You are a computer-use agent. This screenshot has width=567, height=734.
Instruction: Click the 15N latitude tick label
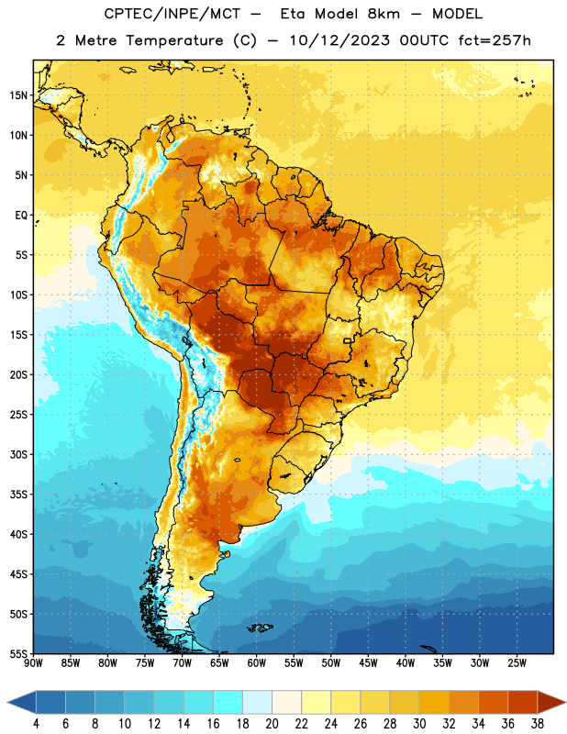pos(18,95)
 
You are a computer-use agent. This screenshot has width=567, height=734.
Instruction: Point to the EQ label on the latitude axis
pos(21,216)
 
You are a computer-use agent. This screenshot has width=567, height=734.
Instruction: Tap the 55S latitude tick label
pos(18,653)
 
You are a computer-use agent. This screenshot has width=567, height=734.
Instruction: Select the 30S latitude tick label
pos(18,454)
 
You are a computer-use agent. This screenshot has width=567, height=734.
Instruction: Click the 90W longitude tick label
pos(33,662)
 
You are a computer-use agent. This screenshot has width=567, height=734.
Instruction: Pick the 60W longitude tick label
pos(257,662)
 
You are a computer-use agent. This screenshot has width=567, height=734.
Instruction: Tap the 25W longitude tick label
pos(517,662)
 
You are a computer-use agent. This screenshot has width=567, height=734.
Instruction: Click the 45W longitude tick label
pos(368,662)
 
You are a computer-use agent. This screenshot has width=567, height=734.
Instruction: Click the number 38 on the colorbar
pos(538,724)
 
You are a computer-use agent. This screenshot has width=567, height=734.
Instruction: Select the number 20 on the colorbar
pos(272,724)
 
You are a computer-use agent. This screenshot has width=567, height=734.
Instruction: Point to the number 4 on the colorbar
pos(36,724)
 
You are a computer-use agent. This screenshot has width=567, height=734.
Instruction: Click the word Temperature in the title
pos(174,40)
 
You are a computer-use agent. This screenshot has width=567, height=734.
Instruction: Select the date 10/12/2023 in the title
pos(339,40)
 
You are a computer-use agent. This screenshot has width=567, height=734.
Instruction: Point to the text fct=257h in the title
pos(494,40)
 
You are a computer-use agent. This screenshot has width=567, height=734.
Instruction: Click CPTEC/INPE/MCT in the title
pos(172,14)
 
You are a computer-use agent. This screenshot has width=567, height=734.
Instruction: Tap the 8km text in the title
pos(384,14)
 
